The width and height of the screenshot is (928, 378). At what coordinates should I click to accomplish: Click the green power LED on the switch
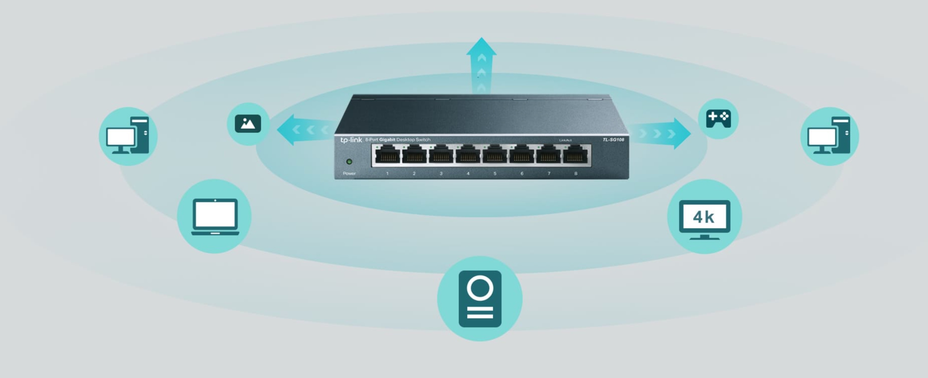349,162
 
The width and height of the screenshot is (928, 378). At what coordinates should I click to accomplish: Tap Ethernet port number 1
388,155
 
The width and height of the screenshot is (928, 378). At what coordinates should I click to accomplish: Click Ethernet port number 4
468,155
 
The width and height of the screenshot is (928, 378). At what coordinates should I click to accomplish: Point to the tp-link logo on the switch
351,140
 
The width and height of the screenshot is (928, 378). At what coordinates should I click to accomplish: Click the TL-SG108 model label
613,140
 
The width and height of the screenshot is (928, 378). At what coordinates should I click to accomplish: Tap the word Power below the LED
349,174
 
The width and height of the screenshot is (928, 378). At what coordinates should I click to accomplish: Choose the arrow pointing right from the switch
663,133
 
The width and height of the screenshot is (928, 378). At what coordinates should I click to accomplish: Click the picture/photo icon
248,124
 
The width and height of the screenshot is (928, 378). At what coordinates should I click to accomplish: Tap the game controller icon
718,119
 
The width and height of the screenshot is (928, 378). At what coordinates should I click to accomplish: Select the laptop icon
215,216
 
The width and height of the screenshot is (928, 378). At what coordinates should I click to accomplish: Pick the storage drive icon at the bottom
480,299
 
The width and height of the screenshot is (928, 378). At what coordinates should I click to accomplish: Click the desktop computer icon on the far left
128,136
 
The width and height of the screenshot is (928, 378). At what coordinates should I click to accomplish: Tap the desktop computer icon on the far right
829,136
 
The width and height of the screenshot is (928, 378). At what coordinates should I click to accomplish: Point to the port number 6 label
522,174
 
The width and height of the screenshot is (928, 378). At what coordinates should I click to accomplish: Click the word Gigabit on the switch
387,140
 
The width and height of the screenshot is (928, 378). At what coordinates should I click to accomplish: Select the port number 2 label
414,174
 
